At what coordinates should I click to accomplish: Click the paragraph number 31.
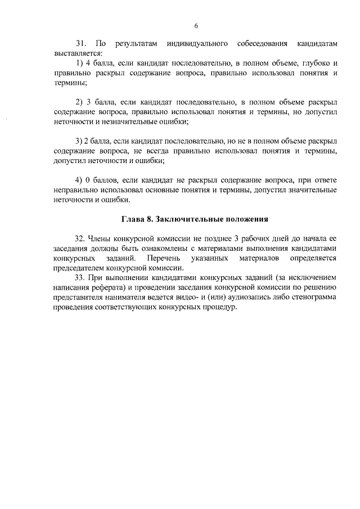[80, 43]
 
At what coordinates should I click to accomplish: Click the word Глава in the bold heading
[134, 218]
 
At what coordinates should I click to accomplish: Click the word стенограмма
[312, 298]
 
